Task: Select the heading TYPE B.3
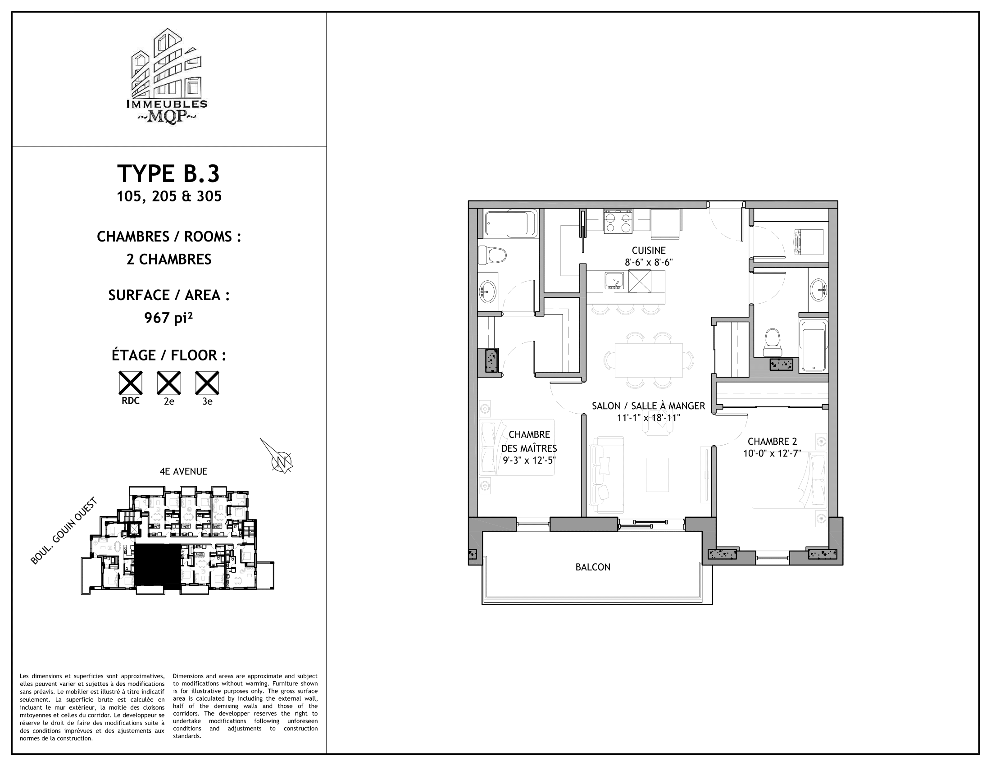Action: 168,174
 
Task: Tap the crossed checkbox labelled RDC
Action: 130,383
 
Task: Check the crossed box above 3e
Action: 207,383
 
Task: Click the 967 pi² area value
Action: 168,318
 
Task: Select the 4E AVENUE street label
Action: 183,471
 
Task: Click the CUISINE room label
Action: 648,251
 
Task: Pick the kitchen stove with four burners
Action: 618,222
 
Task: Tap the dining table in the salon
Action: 648,360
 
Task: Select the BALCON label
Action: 593,567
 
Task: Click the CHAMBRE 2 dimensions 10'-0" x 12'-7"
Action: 772,453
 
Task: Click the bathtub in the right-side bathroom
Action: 813,344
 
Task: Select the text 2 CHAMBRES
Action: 169,260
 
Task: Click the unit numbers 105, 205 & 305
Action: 169,196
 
